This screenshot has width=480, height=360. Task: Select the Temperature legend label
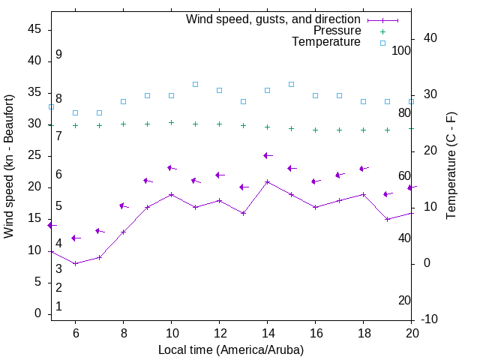click(x=326, y=42)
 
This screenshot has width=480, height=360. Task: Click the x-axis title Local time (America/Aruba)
click(x=231, y=349)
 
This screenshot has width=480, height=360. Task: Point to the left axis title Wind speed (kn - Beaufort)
click(x=9, y=166)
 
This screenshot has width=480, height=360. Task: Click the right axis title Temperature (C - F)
click(x=451, y=166)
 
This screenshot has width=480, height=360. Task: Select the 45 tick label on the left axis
click(x=34, y=29)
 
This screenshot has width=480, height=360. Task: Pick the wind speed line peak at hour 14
click(x=267, y=181)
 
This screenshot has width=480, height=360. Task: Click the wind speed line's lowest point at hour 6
click(x=75, y=263)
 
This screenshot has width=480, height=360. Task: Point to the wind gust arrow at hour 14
click(x=267, y=155)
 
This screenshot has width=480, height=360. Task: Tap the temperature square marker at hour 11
click(x=195, y=84)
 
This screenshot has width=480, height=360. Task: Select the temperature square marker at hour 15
click(x=291, y=84)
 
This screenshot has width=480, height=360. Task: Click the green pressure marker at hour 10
click(x=171, y=122)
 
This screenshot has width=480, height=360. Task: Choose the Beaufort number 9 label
click(x=58, y=55)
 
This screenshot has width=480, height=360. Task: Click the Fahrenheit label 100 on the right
click(x=401, y=50)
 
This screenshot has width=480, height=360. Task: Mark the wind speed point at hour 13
click(x=243, y=213)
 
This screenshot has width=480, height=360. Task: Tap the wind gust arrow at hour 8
click(x=123, y=205)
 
